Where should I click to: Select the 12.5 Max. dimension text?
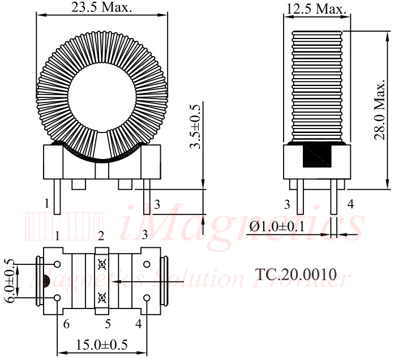pos(316,9)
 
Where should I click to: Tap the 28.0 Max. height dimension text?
pos(379,110)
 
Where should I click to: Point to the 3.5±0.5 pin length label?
pos(195,127)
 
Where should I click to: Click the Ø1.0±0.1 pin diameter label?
pos(277,226)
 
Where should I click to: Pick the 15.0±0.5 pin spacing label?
pos(101,345)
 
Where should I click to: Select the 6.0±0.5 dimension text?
pos(10,281)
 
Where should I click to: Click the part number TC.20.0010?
pos(296,274)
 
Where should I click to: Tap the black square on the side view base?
pos(317,156)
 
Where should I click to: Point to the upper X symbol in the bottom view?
pos(102,264)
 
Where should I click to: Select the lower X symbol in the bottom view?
pos(102,298)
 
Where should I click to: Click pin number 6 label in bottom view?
pos(66,324)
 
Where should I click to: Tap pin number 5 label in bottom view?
pos(108,324)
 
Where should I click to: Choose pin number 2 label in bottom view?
pos(101,236)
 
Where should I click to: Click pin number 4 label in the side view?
pos(350,204)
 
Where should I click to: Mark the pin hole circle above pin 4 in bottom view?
pos(147,297)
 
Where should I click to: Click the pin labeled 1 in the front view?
pos(57,196)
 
